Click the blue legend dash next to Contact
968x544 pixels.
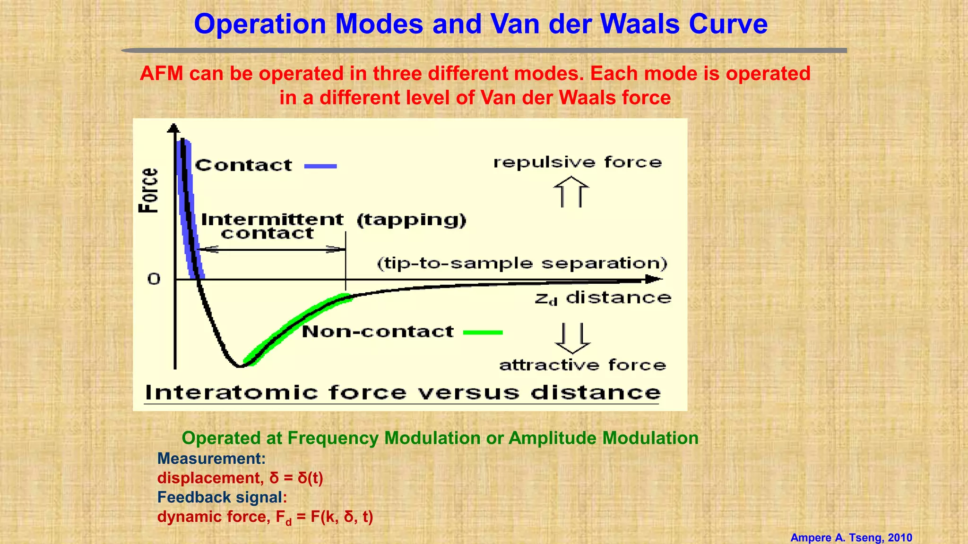(320, 166)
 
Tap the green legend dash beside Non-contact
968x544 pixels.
(483, 332)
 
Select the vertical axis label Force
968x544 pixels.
(148, 190)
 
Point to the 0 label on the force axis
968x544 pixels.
(154, 279)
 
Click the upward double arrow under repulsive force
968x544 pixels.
(571, 192)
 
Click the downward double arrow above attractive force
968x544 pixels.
(572, 338)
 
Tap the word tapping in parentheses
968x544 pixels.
(411, 220)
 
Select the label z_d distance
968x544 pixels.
(603, 298)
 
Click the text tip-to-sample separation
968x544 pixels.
(522, 263)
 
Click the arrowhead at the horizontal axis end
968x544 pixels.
(654, 280)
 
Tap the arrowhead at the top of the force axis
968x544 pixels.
(174, 128)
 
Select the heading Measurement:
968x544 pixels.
(211, 459)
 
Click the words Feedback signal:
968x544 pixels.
(222, 497)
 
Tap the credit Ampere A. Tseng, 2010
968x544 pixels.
(851, 537)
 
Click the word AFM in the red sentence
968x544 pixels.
(161, 74)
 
